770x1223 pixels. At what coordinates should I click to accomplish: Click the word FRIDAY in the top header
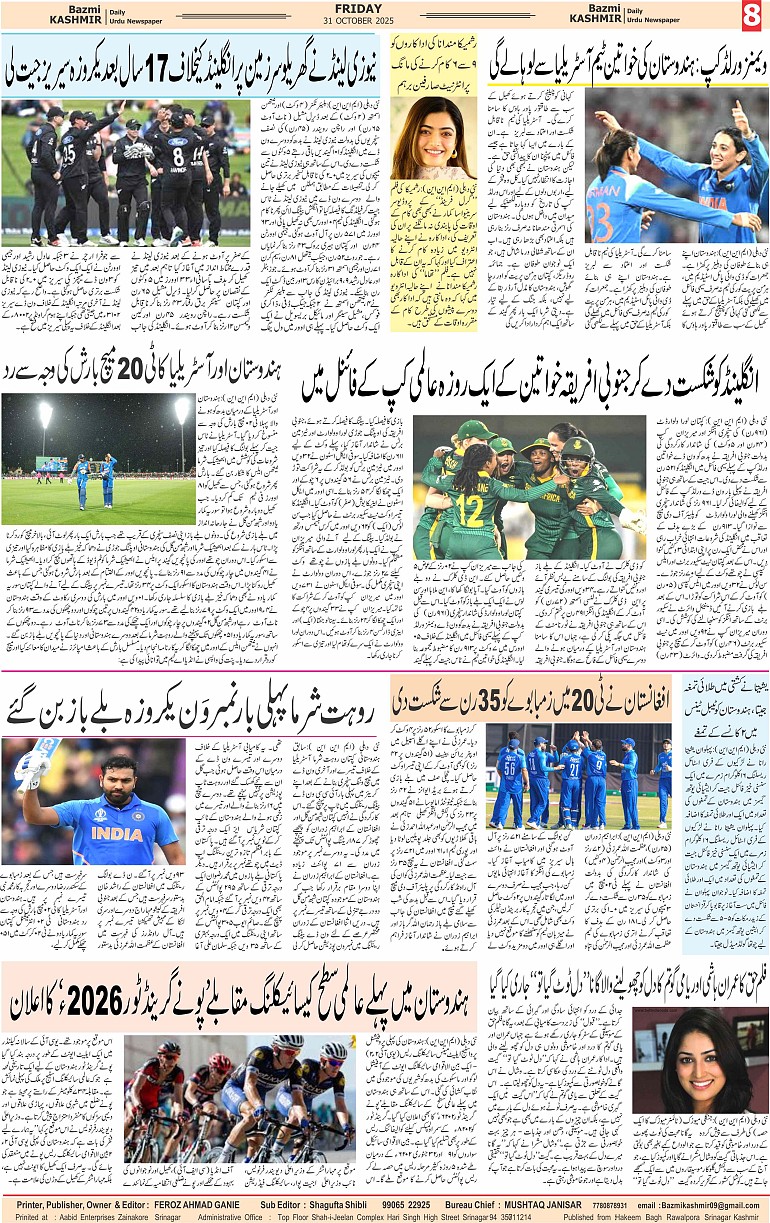tap(359, 8)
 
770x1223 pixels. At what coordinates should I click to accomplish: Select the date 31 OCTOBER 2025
tap(359, 23)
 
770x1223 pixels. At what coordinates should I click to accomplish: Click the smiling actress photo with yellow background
tap(433, 137)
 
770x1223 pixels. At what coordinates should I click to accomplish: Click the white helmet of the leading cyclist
tap(289, 1041)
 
